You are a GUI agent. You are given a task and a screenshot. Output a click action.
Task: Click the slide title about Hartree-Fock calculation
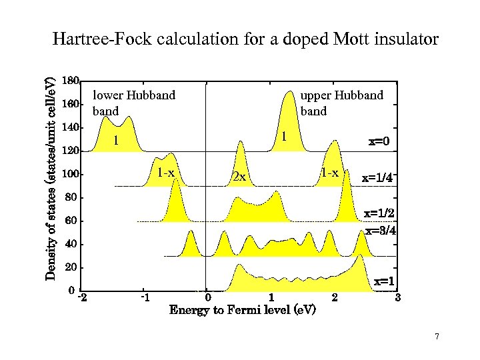point(245,39)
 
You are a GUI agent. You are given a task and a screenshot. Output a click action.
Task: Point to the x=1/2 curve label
point(379,214)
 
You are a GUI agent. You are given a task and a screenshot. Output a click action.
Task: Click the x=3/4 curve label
point(381,231)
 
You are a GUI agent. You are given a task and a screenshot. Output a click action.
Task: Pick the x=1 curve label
point(383,281)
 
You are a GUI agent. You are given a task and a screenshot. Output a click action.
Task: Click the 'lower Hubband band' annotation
point(133,103)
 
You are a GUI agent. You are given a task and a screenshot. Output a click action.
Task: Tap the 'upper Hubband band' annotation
point(341,103)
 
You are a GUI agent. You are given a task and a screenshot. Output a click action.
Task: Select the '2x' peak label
point(239,177)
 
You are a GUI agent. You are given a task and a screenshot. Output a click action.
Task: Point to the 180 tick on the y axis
point(70,81)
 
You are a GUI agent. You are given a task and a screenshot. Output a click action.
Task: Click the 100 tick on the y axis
point(70,174)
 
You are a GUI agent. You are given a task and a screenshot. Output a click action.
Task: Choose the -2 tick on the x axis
point(81,297)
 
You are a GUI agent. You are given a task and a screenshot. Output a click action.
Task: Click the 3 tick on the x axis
point(397,297)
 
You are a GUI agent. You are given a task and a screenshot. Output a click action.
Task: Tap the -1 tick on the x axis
point(144,297)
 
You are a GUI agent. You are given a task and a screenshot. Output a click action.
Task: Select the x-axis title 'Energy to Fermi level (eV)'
point(243,311)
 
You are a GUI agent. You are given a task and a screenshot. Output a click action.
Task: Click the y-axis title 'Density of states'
point(51,178)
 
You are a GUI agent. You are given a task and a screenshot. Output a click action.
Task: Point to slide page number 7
point(437,337)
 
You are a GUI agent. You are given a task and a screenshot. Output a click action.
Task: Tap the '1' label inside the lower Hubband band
point(116,141)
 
